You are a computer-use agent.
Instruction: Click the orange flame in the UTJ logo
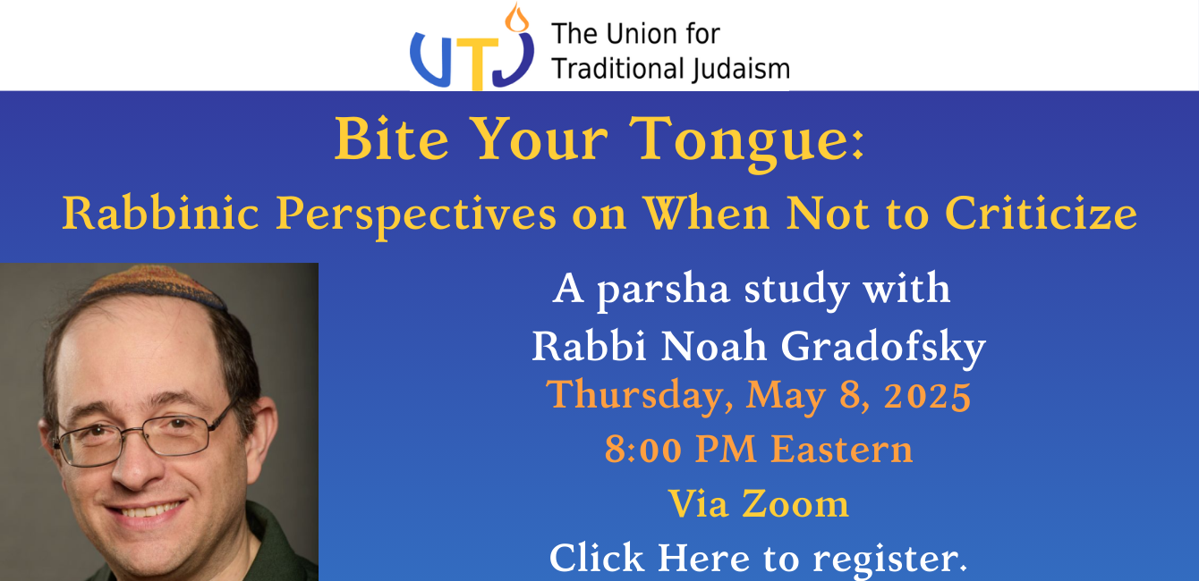516,17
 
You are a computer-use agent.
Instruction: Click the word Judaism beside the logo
740,70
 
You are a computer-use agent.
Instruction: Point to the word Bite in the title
391,139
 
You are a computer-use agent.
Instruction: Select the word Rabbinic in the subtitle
160,214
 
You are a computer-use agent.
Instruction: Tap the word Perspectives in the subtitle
416,216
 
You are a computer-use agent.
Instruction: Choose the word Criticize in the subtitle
1042,213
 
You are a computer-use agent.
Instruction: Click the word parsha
663,291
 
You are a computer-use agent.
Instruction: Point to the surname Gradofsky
883,349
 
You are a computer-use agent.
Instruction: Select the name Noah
714,346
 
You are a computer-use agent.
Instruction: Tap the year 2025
927,396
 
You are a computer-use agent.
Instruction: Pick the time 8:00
642,449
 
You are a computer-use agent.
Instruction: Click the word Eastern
841,449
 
